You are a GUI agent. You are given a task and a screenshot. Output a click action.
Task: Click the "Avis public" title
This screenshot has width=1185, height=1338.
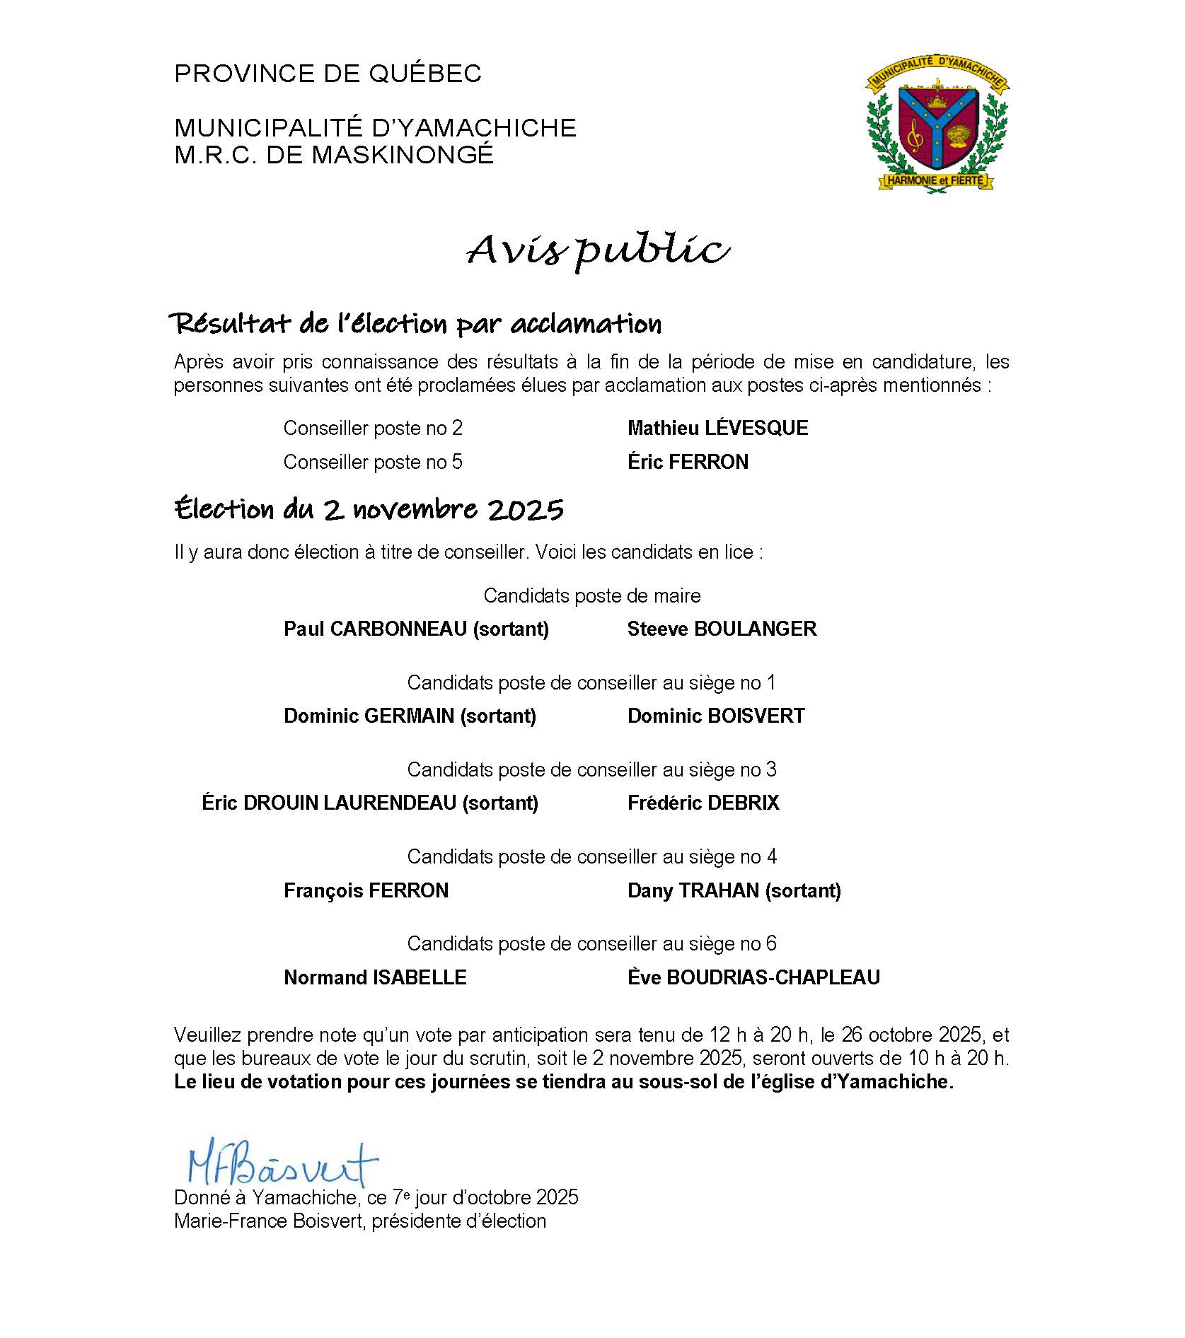pyautogui.click(x=598, y=250)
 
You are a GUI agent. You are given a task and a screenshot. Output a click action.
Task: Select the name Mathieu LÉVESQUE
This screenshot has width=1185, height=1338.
pyautogui.click(x=717, y=428)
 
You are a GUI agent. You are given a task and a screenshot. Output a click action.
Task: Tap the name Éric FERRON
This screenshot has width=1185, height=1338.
pyautogui.click(x=688, y=462)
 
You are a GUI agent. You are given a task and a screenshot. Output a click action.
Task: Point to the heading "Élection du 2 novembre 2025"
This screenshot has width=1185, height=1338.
pyautogui.click(x=369, y=509)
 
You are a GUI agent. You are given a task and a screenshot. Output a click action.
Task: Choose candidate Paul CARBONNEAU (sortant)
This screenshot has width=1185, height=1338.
pyautogui.click(x=416, y=629)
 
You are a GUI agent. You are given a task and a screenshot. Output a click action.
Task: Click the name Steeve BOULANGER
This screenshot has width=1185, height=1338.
pyautogui.click(x=722, y=629)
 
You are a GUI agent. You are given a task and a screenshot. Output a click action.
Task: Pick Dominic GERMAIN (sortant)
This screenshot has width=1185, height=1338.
pyautogui.click(x=410, y=716)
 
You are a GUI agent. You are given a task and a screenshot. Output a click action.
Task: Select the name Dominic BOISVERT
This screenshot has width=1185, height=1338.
pyautogui.click(x=716, y=716)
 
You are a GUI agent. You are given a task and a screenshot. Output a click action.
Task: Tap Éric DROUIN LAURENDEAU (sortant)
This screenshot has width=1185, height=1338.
pyautogui.click(x=370, y=803)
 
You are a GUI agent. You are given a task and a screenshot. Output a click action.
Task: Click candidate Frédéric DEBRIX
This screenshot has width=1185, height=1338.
pyautogui.click(x=703, y=803)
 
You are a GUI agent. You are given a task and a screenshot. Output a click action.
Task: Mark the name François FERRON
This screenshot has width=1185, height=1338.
pyautogui.click(x=366, y=890)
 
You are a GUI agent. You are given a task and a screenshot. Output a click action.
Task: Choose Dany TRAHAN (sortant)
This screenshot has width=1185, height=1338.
pyautogui.click(x=734, y=890)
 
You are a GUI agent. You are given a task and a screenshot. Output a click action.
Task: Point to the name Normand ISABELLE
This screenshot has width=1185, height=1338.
pyautogui.click(x=375, y=977)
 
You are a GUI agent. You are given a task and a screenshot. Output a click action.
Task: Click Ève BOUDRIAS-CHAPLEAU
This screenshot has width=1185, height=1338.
pyautogui.click(x=753, y=977)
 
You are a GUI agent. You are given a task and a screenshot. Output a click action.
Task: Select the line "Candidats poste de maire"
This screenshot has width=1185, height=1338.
pyautogui.click(x=592, y=595)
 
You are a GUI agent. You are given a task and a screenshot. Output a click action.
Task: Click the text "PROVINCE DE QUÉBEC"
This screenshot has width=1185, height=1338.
pyautogui.click(x=328, y=74)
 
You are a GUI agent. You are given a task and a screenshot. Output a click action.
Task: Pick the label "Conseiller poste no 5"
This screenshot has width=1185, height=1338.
pyautogui.click(x=373, y=462)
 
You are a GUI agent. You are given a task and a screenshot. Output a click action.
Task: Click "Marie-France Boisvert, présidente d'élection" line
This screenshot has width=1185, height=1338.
pyautogui.click(x=360, y=1221)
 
